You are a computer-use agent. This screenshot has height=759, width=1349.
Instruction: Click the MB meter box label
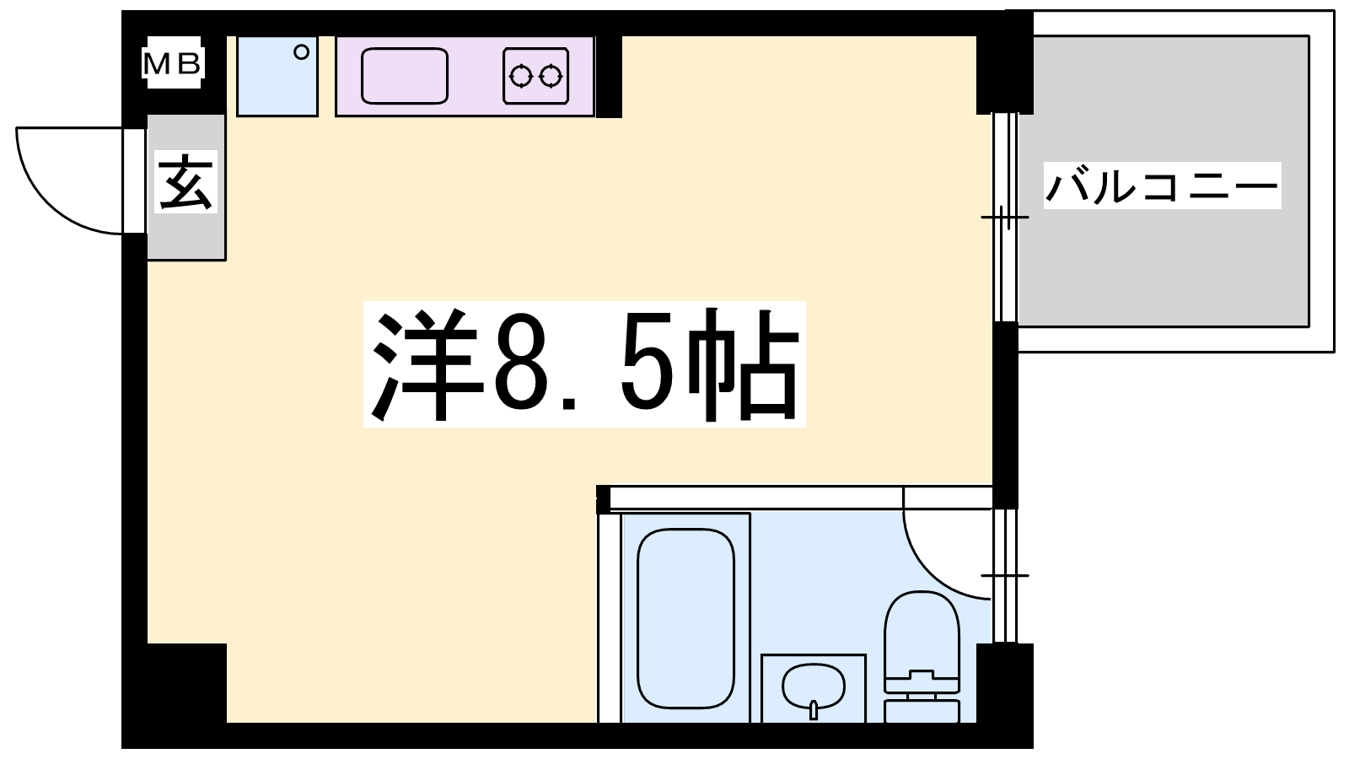coord(173,63)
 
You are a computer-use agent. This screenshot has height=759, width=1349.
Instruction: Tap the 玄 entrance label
coord(186,181)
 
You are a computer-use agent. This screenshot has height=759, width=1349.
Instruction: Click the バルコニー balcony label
coord(1162,186)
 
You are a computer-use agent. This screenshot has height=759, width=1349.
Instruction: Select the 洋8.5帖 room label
coord(584,364)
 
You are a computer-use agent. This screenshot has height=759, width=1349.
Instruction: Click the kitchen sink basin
coord(405,76)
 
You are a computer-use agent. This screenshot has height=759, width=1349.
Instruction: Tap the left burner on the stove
coord(521,77)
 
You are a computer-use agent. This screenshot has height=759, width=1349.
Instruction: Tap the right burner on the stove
coord(551,77)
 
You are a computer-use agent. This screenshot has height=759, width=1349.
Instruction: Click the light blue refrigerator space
coord(277,76)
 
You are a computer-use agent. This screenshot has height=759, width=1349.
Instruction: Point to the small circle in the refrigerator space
coord(301,52)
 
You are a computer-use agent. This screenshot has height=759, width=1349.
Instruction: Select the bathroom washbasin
coord(814,686)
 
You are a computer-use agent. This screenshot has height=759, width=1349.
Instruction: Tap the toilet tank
coord(922,711)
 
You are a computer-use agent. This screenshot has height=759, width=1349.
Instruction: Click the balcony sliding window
coord(1004,217)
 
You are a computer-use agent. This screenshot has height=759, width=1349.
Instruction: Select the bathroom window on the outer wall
coord(1004,576)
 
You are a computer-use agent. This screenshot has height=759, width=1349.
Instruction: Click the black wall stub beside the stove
coord(609,76)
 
